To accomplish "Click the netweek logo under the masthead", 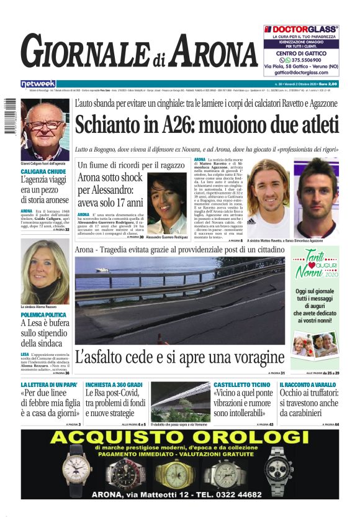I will (x=38, y=83).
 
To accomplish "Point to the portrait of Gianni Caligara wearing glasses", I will (x=44, y=130).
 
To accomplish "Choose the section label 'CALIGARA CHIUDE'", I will (x=43, y=171).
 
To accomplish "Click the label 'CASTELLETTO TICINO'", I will (x=241, y=385).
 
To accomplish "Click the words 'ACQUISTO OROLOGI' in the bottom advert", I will (x=180, y=439).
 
